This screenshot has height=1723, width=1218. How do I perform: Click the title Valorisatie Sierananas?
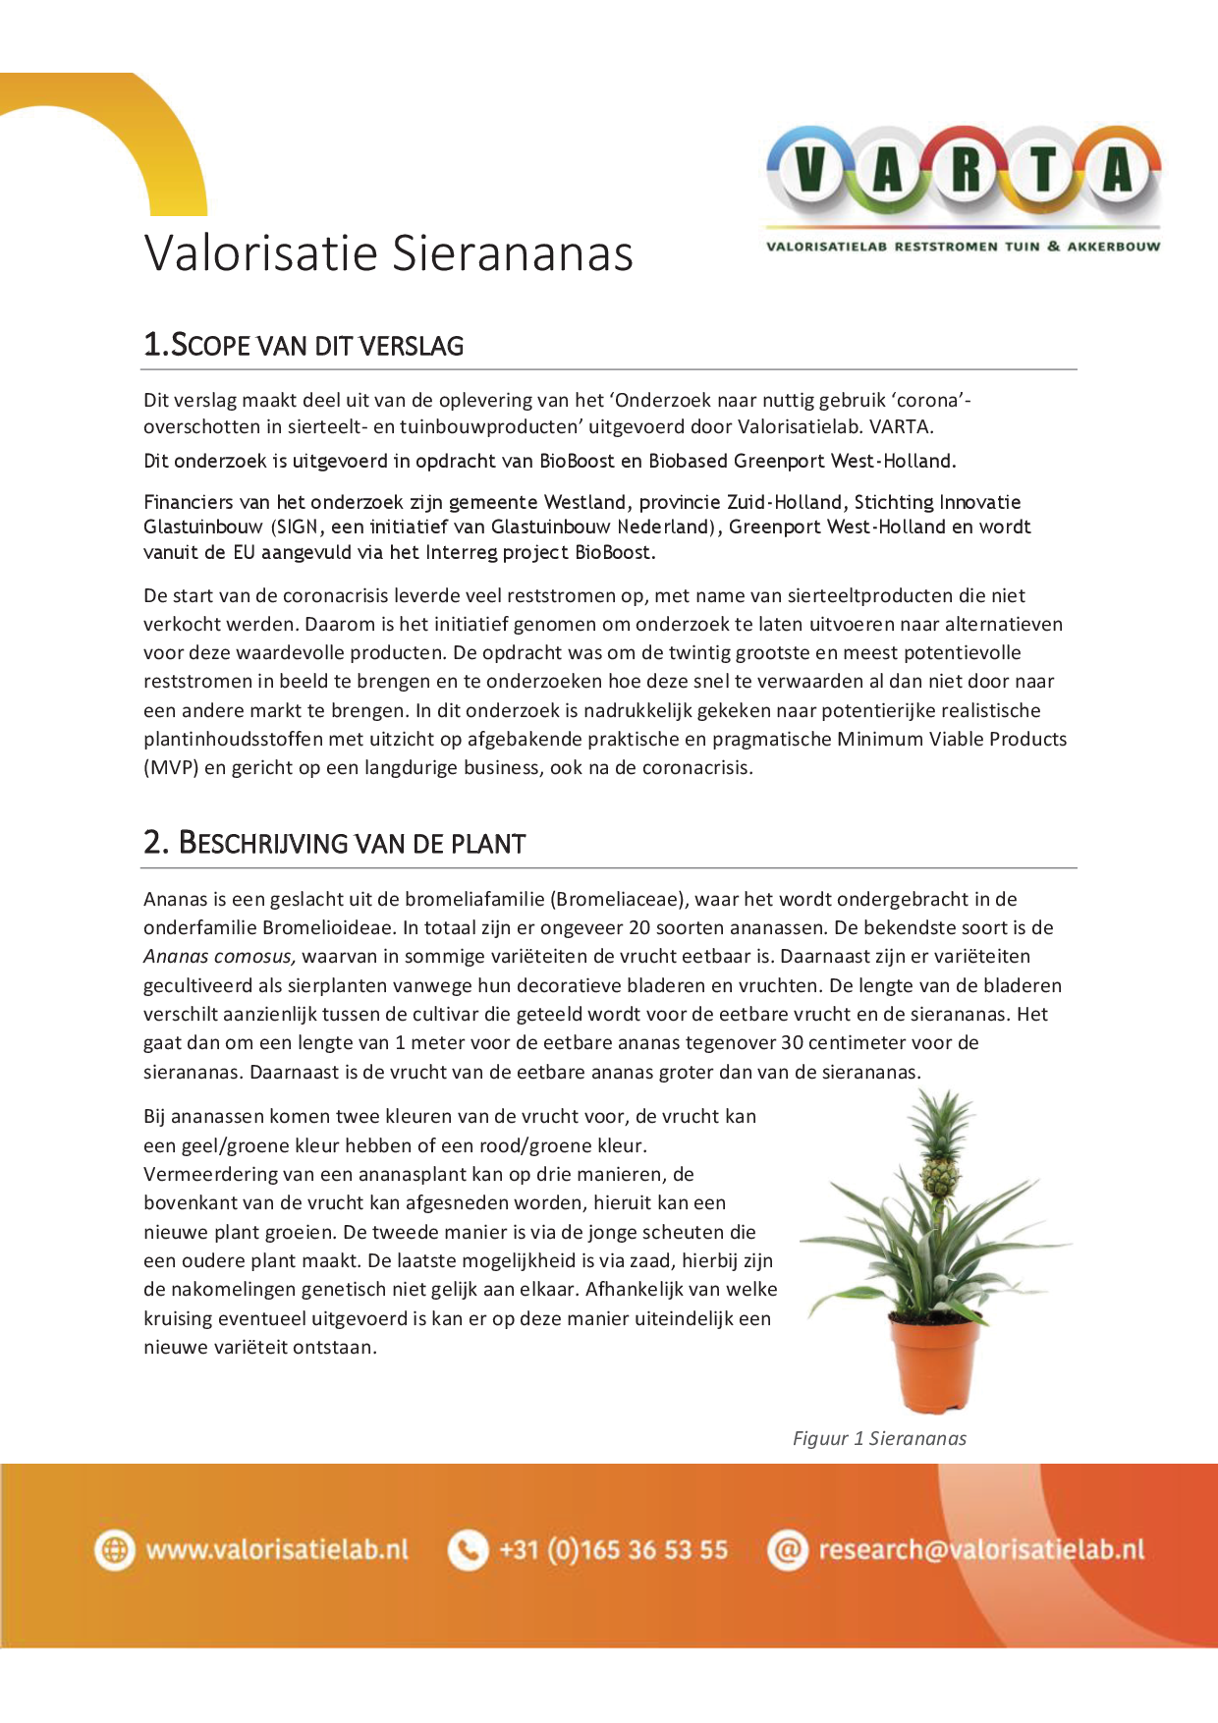tap(389, 253)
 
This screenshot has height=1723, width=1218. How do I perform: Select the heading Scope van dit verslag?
tap(304, 345)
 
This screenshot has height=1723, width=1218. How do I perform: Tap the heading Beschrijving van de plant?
tap(334, 843)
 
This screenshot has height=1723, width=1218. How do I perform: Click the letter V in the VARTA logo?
tap(809, 171)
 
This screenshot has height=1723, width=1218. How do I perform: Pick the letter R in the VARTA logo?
tap(966, 171)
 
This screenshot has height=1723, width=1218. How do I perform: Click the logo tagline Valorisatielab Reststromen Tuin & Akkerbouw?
tap(963, 247)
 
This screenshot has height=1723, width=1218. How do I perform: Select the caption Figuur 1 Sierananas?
tap(879, 1438)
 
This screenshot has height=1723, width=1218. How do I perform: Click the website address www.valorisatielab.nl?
tap(277, 1550)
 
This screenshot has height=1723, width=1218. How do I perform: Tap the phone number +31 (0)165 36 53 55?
tap(614, 1550)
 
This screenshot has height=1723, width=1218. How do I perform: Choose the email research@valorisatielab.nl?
tap(981, 1550)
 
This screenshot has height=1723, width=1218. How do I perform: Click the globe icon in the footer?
tap(115, 1550)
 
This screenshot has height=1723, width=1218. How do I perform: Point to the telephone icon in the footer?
tap(468, 1550)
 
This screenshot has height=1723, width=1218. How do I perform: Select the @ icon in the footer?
tap(787, 1550)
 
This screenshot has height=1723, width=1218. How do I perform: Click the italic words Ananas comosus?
tap(219, 956)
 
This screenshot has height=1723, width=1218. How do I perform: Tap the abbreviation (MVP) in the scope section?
tap(171, 767)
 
